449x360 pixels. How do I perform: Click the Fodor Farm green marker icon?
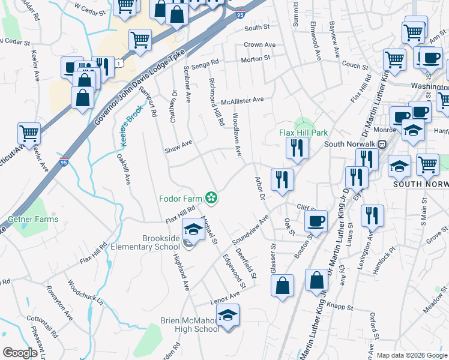point(211,197)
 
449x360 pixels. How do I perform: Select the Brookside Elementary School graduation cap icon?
point(193,229)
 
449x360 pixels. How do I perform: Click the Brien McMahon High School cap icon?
point(228,315)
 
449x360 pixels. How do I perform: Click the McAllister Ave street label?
point(243,100)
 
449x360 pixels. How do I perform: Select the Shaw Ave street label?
point(178,143)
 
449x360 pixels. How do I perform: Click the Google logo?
point(20,353)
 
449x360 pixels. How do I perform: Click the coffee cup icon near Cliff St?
point(316,221)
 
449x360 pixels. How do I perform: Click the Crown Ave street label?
point(259,45)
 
